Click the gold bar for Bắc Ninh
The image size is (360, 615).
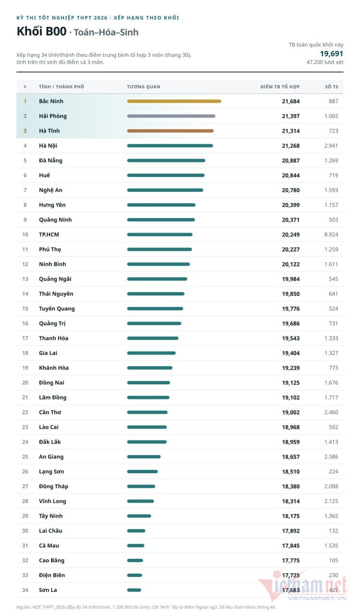tap(174, 101)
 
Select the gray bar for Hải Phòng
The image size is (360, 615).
tap(171, 116)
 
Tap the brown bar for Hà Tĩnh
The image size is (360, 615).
tap(170, 131)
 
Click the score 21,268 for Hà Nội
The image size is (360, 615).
tap(291, 146)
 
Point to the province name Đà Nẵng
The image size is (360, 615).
tap(50, 160)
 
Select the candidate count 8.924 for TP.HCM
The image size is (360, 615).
tap(331, 235)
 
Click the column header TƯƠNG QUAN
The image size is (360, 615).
tap(144, 87)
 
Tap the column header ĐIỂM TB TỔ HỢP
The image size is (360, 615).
tap(280, 87)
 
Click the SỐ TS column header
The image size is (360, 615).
tap(332, 87)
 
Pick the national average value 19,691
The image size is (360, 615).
tap(332, 54)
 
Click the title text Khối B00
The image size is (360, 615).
tap(42, 32)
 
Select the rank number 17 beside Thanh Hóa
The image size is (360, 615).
tap(25, 339)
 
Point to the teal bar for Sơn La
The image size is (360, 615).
tap(134, 590)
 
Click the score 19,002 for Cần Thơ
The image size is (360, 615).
tap(291, 412)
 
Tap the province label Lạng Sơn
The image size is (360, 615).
tap(51, 472)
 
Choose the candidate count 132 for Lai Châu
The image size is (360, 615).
tap(334, 531)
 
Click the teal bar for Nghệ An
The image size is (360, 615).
tap(165, 190)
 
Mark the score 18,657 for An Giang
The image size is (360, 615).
tap(291, 457)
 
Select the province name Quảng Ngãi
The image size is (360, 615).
tap(55, 279)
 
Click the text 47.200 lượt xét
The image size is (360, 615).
tap(325, 62)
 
